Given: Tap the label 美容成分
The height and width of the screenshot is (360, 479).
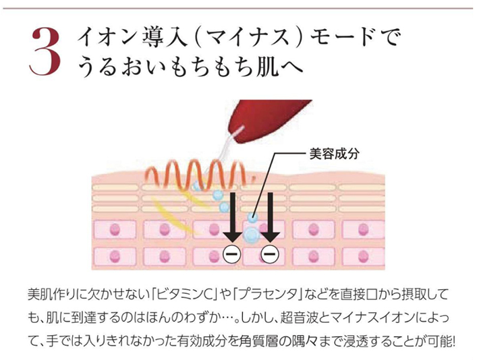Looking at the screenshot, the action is click(x=334, y=154).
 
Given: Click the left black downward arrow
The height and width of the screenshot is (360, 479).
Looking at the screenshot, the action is click(x=233, y=217).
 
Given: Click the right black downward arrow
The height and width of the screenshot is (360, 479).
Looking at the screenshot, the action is click(x=270, y=217).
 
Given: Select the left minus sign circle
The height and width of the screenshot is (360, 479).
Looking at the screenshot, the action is click(x=232, y=253).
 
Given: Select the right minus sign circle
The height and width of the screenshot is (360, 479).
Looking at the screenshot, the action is click(x=270, y=253).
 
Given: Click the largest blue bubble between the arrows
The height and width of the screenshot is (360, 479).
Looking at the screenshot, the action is click(x=252, y=234).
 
